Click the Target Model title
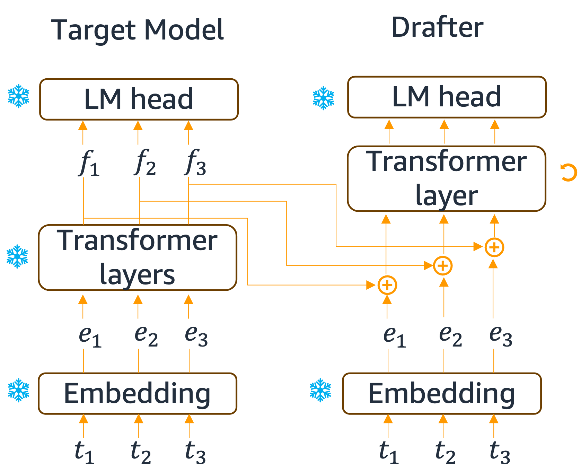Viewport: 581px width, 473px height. [138, 30]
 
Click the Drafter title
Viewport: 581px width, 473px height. [437, 28]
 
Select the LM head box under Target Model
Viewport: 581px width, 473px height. [139, 99]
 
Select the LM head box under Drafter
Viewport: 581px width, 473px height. [447, 97]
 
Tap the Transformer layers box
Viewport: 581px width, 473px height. [138, 257]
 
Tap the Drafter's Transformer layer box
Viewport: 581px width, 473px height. [447, 178]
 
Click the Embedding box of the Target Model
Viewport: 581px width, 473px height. [138, 394]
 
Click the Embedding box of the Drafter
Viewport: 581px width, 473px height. [442, 394]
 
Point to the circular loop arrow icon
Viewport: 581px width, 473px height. [569, 173]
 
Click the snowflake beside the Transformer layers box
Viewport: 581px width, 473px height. [17, 257]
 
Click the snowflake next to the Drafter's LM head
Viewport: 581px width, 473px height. [324, 98]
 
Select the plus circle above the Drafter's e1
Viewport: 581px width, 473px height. [387, 285]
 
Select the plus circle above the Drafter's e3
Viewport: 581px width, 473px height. [494, 247]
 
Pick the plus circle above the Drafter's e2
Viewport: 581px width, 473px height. [443, 266]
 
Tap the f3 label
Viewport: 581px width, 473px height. [196, 163]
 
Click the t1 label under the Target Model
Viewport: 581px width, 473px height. [84, 452]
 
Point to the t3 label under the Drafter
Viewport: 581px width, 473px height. [500, 452]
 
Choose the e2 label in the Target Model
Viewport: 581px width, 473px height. [146, 335]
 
